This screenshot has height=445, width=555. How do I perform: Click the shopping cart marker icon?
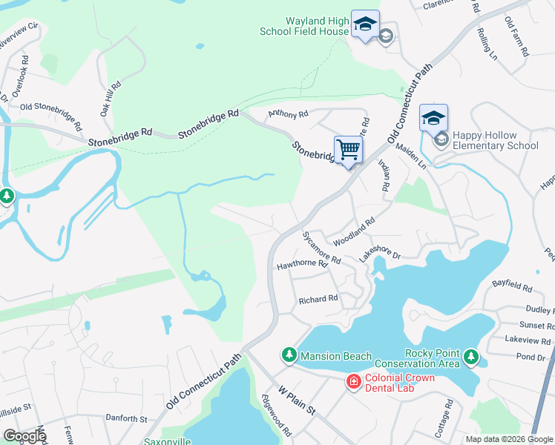[x=348, y=150]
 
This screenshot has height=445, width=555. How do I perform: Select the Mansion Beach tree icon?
[x=289, y=356]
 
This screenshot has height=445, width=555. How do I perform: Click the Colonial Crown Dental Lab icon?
[x=353, y=381]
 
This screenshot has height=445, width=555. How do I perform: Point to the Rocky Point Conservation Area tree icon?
[x=470, y=358]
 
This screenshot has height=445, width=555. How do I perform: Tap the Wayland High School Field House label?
[x=304, y=27]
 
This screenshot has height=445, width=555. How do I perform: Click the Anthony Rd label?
[x=288, y=114]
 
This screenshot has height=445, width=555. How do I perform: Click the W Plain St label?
[x=298, y=400]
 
